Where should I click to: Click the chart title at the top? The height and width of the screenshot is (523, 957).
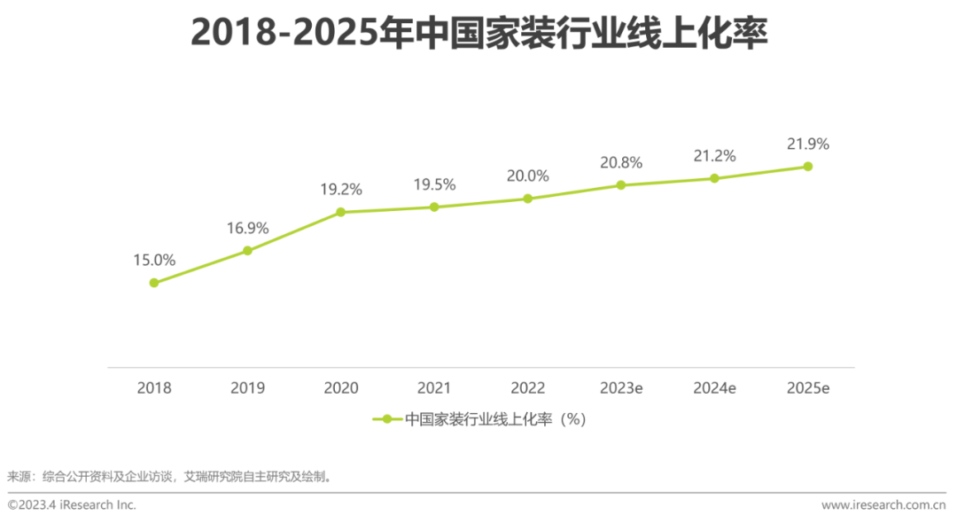[x=478, y=34]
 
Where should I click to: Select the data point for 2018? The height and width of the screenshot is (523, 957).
[x=154, y=283]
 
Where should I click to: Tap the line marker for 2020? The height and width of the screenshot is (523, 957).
[x=341, y=212]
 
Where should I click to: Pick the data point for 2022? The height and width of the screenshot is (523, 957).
[x=528, y=199]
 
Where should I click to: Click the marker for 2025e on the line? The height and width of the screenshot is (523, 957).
[x=808, y=166]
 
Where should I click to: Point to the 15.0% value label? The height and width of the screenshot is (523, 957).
[x=154, y=261]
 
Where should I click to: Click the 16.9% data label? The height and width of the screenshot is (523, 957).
[x=247, y=229]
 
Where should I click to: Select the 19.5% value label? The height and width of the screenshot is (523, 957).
[x=434, y=184]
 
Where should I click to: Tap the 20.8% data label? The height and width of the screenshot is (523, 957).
[x=621, y=163]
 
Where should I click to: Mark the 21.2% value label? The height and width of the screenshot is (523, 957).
[x=714, y=156]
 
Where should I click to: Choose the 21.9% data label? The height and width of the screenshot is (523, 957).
[x=808, y=144]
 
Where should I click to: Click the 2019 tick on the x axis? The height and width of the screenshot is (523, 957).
[x=247, y=388]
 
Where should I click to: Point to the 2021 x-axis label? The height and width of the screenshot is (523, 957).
[x=434, y=388]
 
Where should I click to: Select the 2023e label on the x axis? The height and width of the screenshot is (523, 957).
[x=621, y=388]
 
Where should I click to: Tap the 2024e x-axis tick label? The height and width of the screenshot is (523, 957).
[x=714, y=388]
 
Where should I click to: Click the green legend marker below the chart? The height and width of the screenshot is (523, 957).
[x=386, y=420]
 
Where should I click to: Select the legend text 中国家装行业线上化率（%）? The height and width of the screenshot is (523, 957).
[x=495, y=420]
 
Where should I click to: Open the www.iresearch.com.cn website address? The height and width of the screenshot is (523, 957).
[x=883, y=504]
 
